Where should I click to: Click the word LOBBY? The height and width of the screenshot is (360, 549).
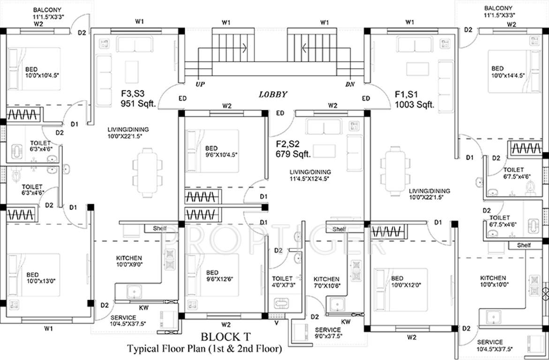pyautogui.click(x=273, y=95)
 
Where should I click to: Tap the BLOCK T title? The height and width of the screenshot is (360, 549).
pyautogui.click(x=226, y=337)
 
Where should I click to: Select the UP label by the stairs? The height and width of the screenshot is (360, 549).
pyautogui.click(x=200, y=84)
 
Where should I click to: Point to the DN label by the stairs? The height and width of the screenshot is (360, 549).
pyautogui.click(x=350, y=84)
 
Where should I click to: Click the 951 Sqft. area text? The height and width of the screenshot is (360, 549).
pyautogui.click(x=138, y=104)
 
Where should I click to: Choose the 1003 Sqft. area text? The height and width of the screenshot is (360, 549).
pyautogui.click(x=414, y=105)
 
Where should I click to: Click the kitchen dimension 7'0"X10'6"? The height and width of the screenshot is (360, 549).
pyautogui.click(x=327, y=285)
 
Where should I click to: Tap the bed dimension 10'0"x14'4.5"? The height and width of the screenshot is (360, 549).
pyautogui.click(x=508, y=75)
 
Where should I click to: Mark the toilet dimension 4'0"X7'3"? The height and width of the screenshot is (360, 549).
pyautogui.click(x=284, y=285)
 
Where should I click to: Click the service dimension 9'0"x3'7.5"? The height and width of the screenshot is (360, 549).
pyautogui.click(x=329, y=336)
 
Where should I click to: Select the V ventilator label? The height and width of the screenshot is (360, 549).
pyautogui.click(x=277, y=323)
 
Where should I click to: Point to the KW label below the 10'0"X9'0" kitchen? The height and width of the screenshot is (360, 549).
pyautogui.click(x=143, y=308)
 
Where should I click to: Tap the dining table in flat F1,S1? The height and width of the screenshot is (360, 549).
pyautogui.click(x=395, y=172)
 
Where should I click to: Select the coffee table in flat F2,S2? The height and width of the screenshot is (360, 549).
pyautogui.click(x=324, y=151)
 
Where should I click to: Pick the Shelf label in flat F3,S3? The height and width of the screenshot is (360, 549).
pyautogui.click(x=160, y=228)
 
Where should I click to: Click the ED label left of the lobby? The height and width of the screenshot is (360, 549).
pyautogui.click(x=182, y=98)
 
